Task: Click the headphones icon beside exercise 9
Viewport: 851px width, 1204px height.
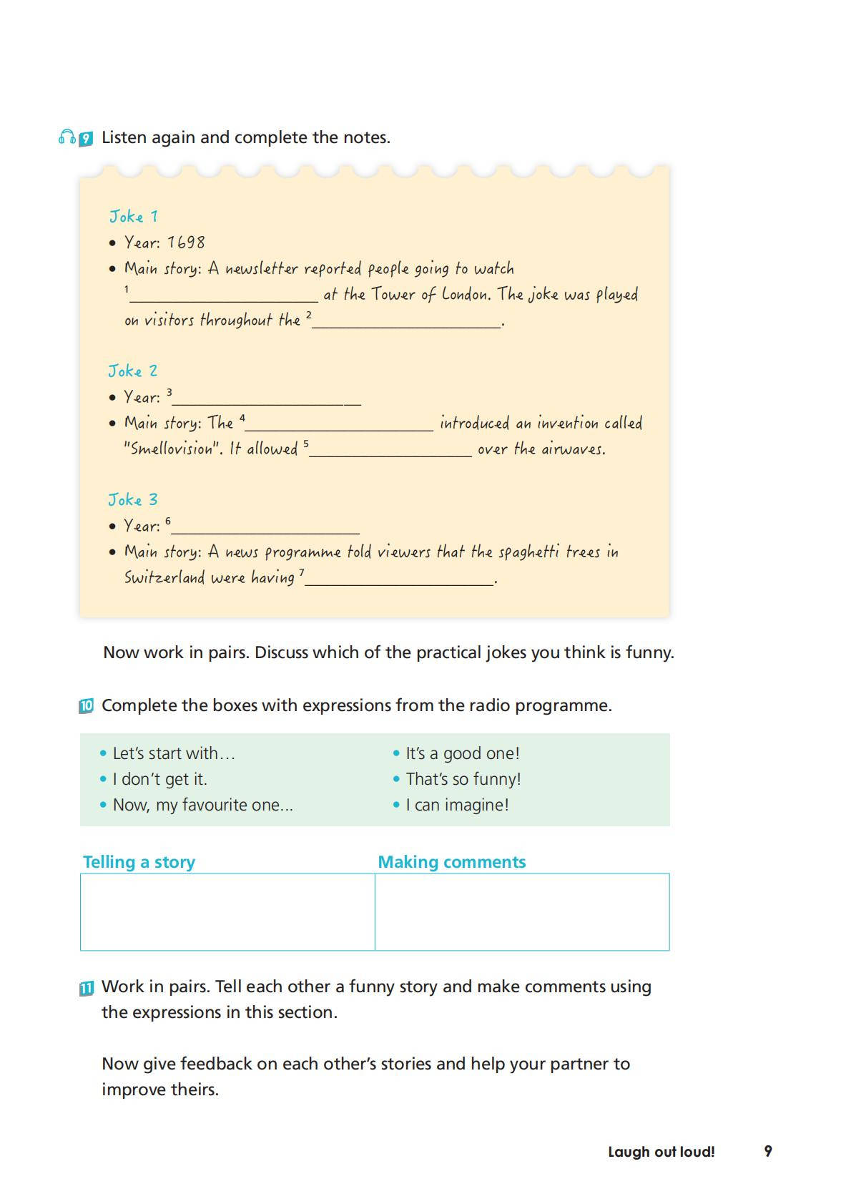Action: pyautogui.click(x=67, y=137)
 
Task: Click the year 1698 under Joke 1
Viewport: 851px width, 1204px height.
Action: pyautogui.click(x=186, y=243)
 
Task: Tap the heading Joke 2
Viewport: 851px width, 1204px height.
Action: pyautogui.click(x=132, y=371)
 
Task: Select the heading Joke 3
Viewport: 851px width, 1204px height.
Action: pyautogui.click(x=132, y=499)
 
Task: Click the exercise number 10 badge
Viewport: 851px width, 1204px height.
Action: pyautogui.click(x=86, y=706)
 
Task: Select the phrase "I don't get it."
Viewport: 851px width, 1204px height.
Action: pyautogui.click(x=159, y=779)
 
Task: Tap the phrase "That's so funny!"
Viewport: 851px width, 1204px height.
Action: pyautogui.click(x=463, y=779)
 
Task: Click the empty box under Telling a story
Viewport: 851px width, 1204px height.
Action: pyautogui.click(x=227, y=912)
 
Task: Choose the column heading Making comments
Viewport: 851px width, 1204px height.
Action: pyautogui.click(x=451, y=862)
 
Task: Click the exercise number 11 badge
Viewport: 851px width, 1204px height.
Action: pyautogui.click(x=86, y=988)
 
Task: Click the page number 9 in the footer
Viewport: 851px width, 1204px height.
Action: pyautogui.click(x=768, y=1151)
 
